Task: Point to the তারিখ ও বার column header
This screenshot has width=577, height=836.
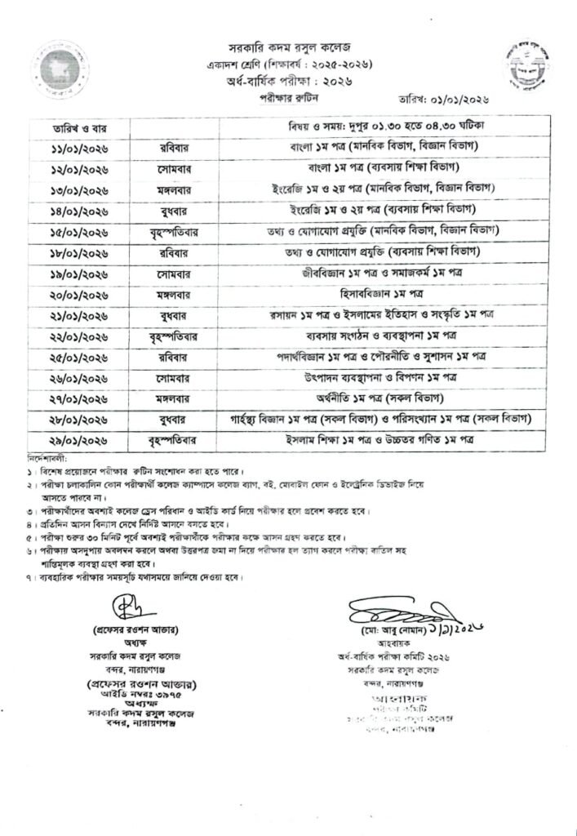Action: coord(73,128)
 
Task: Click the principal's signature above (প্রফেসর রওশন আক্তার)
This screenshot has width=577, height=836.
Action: coord(119,610)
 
